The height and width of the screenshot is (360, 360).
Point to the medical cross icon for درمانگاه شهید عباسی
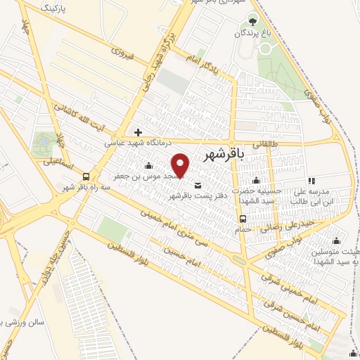tap(139, 131)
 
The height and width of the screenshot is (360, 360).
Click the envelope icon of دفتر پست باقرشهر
tap(196, 186)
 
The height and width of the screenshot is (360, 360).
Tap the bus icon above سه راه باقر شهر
tap(86, 176)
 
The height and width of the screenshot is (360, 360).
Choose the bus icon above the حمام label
tap(242, 218)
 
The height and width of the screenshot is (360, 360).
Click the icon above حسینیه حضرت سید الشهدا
tap(256, 181)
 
